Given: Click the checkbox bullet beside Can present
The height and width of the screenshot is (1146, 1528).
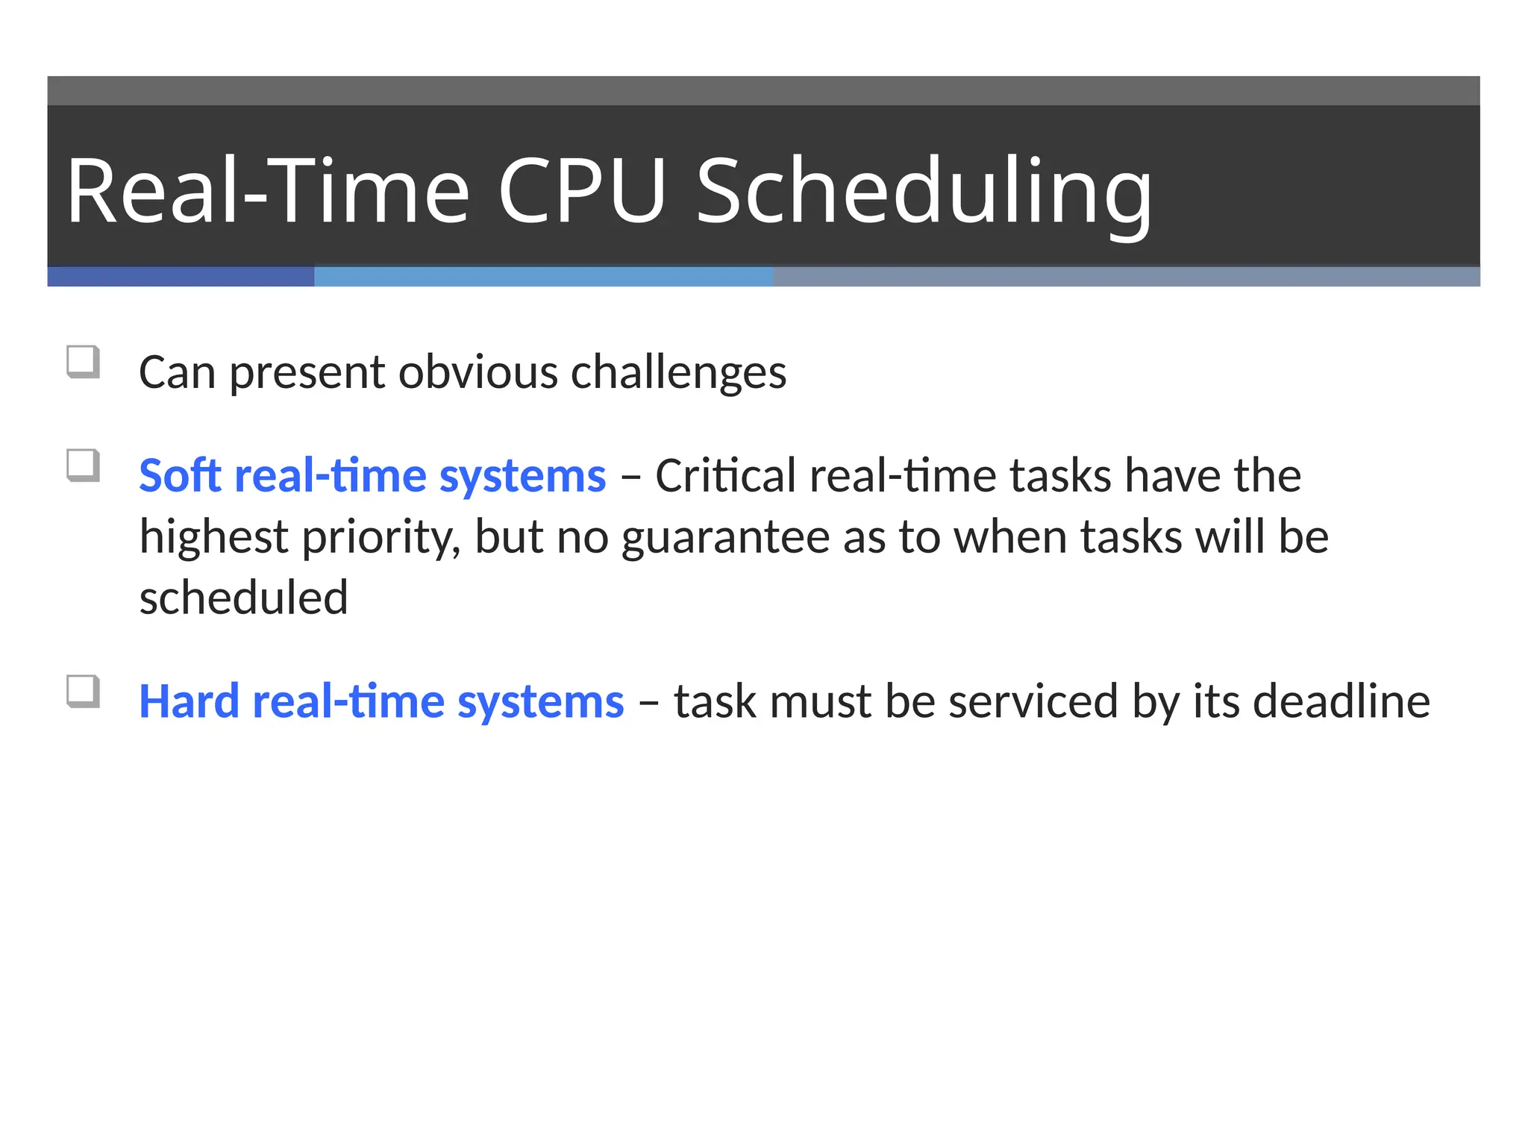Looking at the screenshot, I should point(83,362).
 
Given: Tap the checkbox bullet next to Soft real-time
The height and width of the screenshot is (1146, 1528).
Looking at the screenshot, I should point(83,466).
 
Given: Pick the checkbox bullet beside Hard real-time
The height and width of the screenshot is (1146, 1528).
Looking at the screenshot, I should point(83,692).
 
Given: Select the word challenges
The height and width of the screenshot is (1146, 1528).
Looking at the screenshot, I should point(678,372).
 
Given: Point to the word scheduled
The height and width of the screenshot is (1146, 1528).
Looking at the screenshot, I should point(244,598).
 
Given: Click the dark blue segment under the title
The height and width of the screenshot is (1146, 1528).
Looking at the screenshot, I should point(181,277).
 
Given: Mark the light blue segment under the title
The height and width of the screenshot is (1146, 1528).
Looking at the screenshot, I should point(543,277).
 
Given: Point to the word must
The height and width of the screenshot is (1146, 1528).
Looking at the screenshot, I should point(820,701).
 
